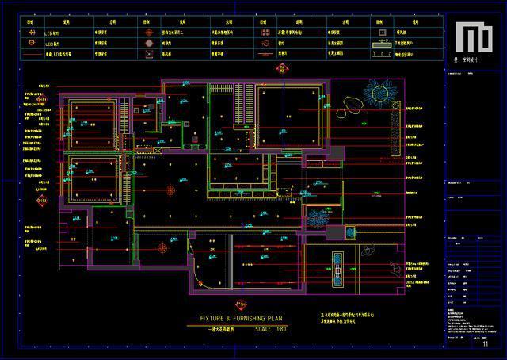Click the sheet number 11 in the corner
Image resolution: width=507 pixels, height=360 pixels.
click(x=485, y=344)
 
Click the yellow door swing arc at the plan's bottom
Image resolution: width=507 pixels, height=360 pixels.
click(x=198, y=266)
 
